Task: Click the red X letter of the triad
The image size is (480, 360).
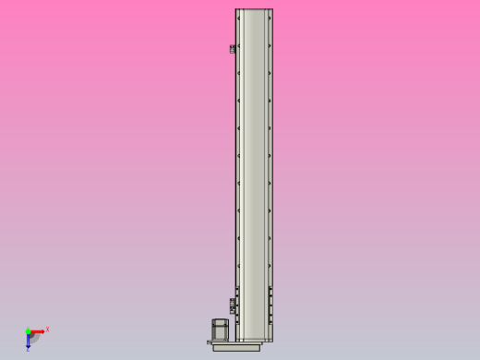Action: click(47, 329)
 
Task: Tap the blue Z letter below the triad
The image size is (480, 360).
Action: click(28, 349)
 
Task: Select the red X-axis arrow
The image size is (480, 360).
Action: click(39, 331)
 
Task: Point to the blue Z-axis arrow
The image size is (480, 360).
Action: click(29, 340)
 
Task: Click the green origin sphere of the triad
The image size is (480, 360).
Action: click(29, 331)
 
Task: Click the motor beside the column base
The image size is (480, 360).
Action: click(222, 330)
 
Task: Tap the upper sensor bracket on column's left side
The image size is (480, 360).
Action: click(232, 48)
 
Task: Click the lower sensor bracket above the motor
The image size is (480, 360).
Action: click(232, 304)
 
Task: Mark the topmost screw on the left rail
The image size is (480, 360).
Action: click(239, 45)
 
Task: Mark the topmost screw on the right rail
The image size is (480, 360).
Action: click(269, 45)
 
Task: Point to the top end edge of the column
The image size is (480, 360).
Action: click(254, 10)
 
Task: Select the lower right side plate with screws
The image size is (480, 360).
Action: click(270, 305)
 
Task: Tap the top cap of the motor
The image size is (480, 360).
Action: click(222, 320)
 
